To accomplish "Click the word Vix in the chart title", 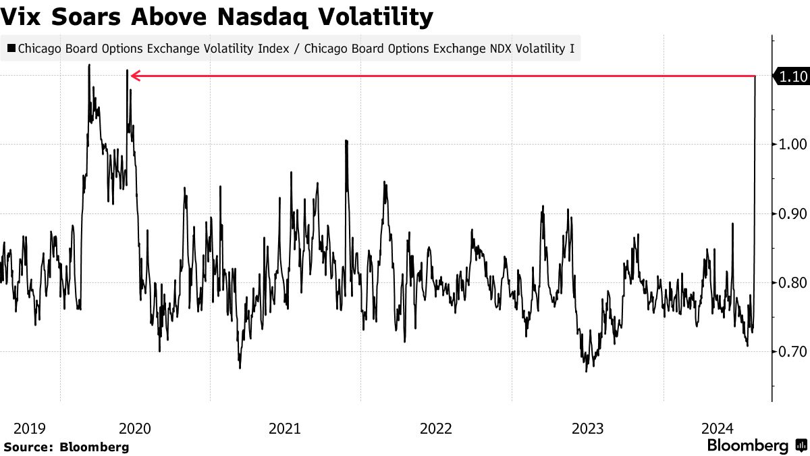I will click(23, 17).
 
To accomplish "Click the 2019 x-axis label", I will click(30, 428).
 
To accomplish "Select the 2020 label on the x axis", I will click(135, 428).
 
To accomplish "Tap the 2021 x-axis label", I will click(285, 428).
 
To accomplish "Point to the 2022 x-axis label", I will click(436, 428).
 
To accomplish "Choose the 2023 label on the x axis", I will click(587, 428).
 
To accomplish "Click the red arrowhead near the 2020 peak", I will click(134, 76).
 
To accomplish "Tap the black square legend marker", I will click(11, 49).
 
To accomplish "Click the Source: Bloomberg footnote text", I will click(66, 447).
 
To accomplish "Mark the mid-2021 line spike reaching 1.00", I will click(346, 141).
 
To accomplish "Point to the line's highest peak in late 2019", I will click(89, 66).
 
